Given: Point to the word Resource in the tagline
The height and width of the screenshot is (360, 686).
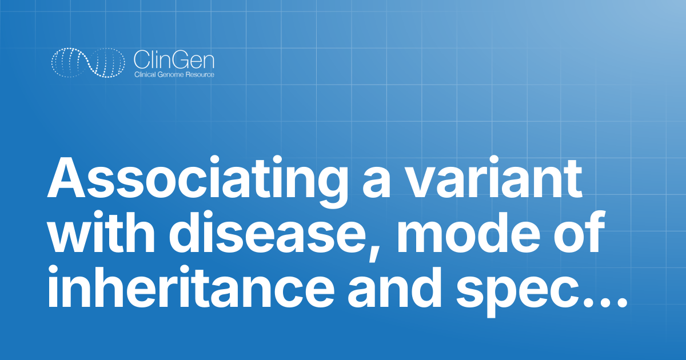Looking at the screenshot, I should pos(201,75).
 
